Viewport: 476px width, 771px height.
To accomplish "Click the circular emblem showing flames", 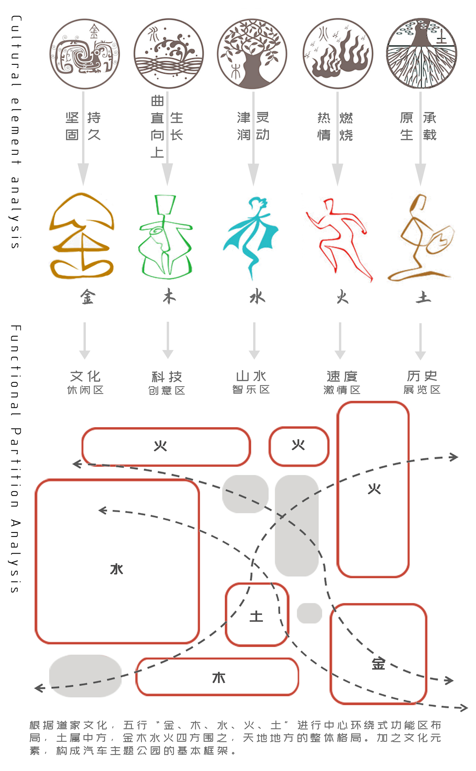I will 338,53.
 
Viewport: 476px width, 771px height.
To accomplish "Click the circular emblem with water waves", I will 169,53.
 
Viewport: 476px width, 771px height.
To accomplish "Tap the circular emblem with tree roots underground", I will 422,53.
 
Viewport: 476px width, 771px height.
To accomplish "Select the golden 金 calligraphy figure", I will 82,236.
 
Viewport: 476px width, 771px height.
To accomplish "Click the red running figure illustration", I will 340,239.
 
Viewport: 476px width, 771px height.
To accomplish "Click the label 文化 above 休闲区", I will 85,376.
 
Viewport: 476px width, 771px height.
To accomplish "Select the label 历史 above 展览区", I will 422,376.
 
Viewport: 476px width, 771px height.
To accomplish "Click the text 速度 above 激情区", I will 342,376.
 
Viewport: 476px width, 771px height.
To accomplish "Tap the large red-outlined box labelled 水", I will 117,561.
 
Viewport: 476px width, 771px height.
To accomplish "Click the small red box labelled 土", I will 257,615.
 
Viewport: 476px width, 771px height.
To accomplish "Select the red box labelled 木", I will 218,677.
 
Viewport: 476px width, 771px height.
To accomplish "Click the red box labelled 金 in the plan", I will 379,654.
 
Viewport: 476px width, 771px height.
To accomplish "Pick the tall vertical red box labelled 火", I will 373,489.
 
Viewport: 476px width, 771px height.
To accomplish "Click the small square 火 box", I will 299,446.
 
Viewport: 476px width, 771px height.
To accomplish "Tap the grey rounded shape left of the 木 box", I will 85,675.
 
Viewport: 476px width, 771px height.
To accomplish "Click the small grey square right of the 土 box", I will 309,613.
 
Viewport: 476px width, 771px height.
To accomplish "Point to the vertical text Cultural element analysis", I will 15,132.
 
